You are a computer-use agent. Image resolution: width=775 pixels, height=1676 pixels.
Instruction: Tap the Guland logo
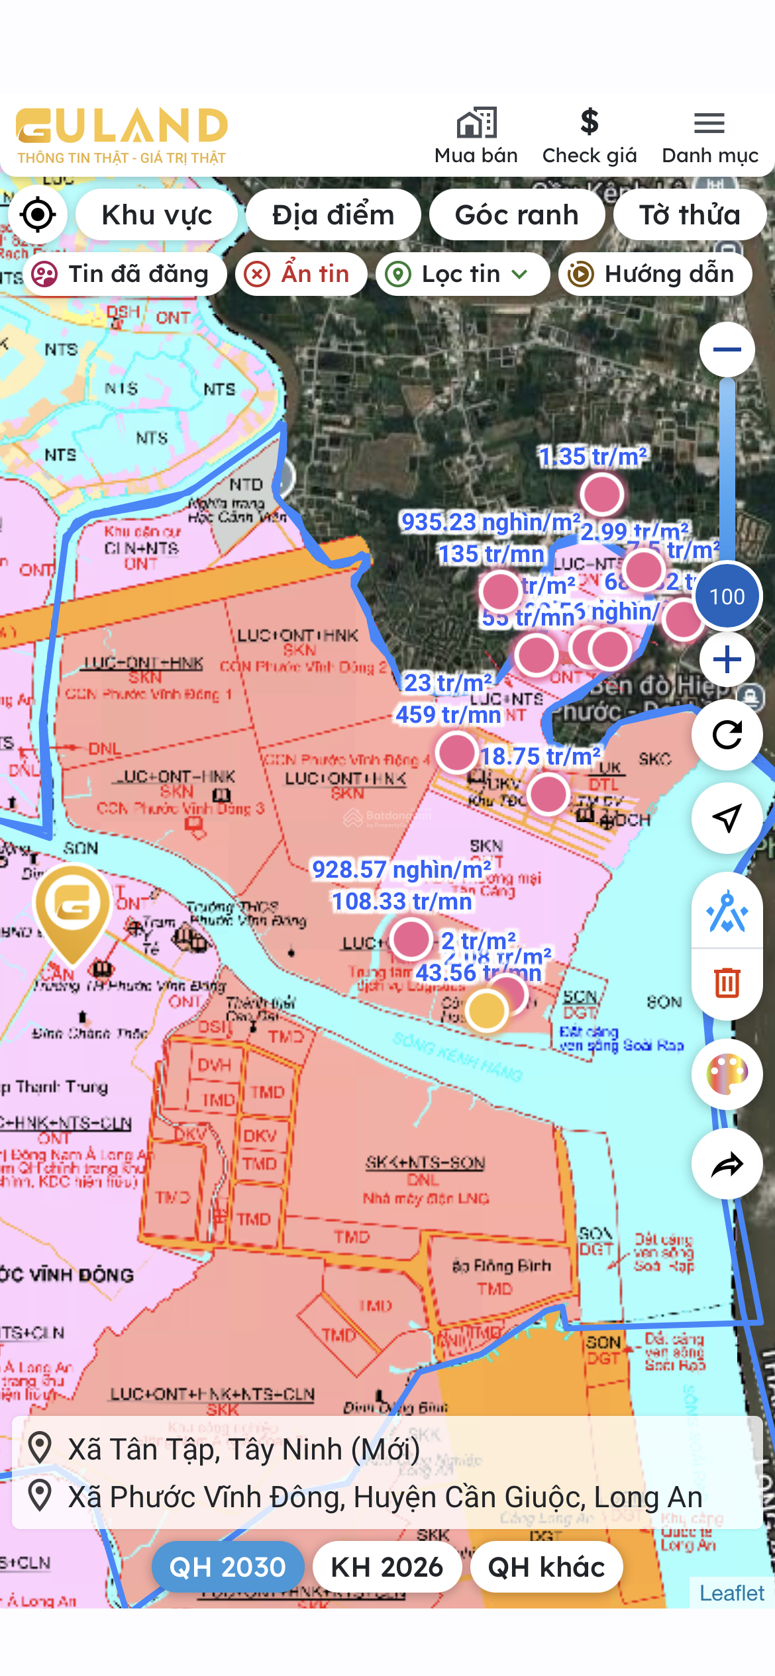pos(122,134)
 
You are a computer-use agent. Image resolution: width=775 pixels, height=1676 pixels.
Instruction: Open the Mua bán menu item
pos(476,136)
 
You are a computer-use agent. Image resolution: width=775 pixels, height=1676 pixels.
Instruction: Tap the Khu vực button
pos(156,215)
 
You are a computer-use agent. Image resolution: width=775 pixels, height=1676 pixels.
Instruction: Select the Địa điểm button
pos(333,215)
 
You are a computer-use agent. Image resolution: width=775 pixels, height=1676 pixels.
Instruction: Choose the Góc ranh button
pos(517,215)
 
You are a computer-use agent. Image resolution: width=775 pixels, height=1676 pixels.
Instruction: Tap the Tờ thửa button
pos(690,215)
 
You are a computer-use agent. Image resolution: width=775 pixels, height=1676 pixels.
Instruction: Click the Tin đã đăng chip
pos(125,274)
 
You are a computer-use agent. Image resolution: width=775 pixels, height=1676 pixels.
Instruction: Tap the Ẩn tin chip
pos(301,274)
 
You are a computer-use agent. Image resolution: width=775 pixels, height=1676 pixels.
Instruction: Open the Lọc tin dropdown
pos(462,274)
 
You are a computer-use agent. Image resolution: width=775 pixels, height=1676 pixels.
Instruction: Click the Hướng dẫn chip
pos(655,274)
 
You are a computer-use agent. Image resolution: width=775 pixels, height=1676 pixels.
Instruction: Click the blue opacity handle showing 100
pos(727,596)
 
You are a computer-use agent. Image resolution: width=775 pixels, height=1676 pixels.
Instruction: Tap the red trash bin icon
pos(727,982)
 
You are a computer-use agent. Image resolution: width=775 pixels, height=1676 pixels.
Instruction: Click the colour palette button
pos(727,1074)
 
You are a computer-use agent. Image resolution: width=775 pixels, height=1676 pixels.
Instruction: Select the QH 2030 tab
pos(228,1567)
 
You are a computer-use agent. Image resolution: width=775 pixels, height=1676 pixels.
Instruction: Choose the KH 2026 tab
pos(387,1567)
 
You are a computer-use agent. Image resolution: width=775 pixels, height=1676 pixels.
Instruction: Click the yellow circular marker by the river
pos(487,1011)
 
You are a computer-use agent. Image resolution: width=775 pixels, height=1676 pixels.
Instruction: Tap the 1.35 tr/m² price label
pos(593,457)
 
